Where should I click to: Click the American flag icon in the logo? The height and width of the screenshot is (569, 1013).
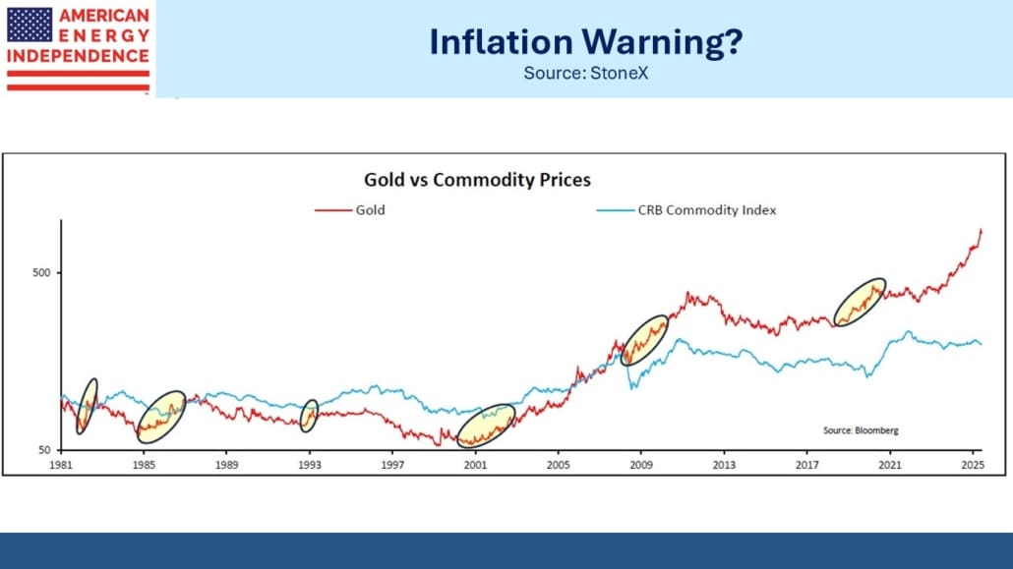click(30, 24)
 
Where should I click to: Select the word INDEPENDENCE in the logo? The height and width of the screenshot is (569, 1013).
click(78, 55)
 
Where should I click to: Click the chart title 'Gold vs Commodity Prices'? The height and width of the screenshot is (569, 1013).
click(477, 180)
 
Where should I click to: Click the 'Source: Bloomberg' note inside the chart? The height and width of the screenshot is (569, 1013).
click(861, 430)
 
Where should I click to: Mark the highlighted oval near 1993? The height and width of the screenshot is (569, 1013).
click(309, 416)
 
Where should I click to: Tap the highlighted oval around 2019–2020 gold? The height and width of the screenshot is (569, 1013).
click(860, 302)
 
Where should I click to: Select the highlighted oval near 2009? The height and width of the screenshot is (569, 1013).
click(645, 340)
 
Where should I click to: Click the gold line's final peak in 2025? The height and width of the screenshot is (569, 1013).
click(981, 230)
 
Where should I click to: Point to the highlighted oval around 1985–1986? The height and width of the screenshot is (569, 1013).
click(161, 417)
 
